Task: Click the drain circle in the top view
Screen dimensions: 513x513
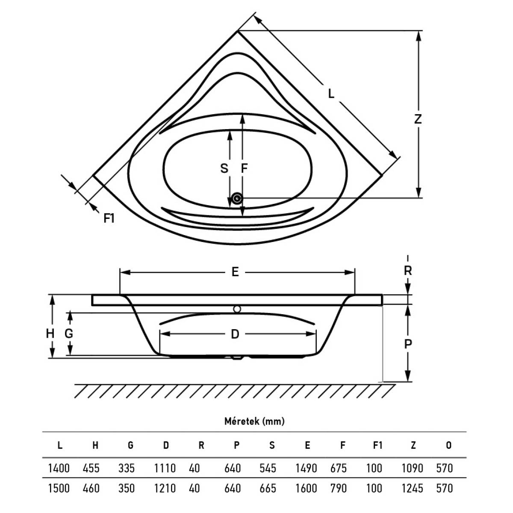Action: [x=236, y=198]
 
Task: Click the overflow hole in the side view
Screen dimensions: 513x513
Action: [x=237, y=309]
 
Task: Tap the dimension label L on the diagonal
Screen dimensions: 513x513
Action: [x=331, y=94]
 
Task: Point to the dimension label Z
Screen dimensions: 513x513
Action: [x=418, y=119]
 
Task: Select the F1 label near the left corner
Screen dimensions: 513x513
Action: [x=109, y=218]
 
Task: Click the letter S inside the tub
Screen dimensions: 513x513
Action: [x=224, y=168]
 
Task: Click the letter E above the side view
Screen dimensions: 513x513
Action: [x=235, y=272]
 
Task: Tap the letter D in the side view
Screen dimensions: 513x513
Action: [x=235, y=334]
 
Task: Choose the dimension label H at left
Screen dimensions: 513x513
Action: [x=50, y=333]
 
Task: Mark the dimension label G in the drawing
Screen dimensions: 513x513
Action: [x=69, y=333]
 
